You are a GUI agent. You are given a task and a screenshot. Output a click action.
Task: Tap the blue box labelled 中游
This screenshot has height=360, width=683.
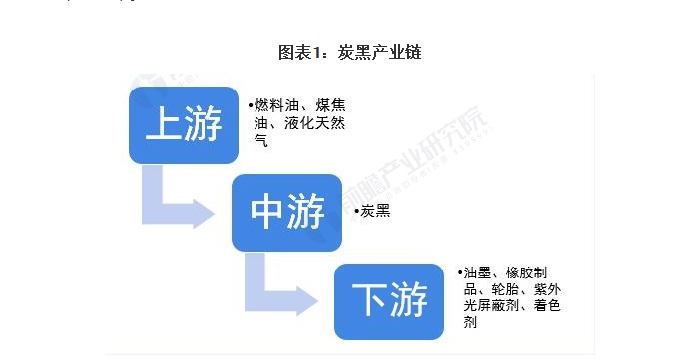coord(286,213)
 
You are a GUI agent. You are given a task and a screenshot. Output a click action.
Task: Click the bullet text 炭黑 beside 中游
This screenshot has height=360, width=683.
coord(375,212)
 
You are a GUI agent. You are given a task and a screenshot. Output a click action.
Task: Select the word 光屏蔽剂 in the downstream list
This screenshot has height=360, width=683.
coord(491,306)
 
